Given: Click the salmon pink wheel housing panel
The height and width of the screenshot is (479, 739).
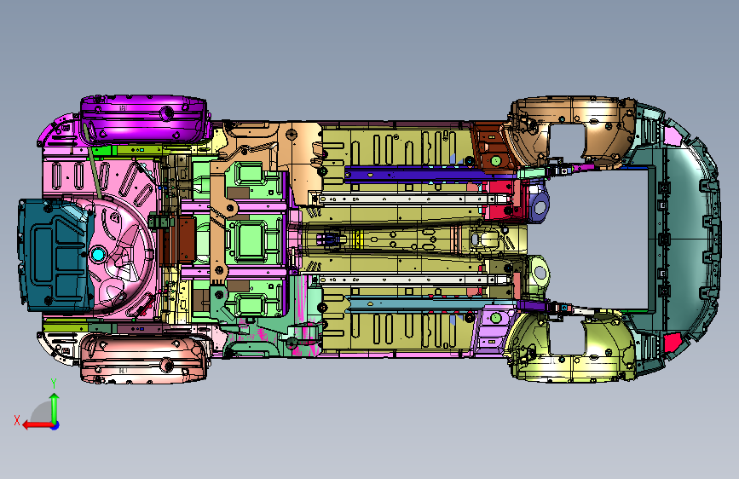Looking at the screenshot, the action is point(144,358).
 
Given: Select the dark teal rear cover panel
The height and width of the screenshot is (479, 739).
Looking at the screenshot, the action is point(53,255).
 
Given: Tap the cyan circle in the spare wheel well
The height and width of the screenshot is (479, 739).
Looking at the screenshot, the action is point(98,255).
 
